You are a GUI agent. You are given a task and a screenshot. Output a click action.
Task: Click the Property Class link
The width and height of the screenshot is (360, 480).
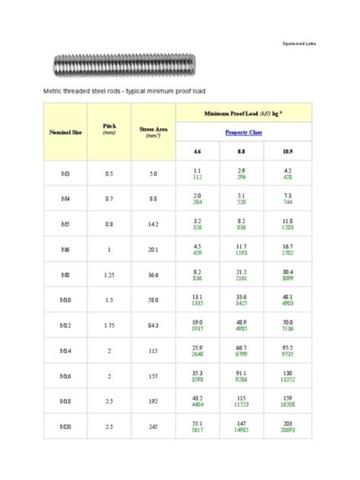click(x=243, y=132)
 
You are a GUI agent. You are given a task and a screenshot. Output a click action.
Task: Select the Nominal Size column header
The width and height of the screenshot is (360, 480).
click(x=65, y=132)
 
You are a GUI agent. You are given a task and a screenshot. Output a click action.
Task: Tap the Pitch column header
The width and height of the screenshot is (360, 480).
click(x=109, y=129)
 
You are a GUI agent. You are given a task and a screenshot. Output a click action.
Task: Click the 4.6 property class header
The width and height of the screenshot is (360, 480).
click(x=197, y=151)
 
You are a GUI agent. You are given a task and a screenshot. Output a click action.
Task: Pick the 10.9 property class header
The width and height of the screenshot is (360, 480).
click(x=287, y=151)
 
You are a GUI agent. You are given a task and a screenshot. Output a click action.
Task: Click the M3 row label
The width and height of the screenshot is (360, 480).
click(x=65, y=173)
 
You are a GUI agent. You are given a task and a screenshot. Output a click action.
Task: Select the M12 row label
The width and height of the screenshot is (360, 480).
click(x=65, y=325)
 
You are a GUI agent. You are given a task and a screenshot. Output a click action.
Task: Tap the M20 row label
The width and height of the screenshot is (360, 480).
click(x=65, y=426)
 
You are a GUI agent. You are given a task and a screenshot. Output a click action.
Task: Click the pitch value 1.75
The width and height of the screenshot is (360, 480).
click(x=109, y=325)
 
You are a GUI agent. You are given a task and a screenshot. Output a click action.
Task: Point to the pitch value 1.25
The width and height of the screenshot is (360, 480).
click(x=109, y=274)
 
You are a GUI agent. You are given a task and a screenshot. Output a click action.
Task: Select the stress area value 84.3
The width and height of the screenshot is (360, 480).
click(x=153, y=325)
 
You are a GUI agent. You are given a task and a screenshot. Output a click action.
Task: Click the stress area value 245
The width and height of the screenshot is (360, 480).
click(x=153, y=426)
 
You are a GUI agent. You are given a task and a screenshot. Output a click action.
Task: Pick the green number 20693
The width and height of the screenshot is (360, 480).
click(x=287, y=430)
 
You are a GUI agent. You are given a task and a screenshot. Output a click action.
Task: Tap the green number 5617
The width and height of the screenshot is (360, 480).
click(x=197, y=430)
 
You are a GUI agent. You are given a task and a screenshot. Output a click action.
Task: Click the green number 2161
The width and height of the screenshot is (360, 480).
click(x=241, y=278)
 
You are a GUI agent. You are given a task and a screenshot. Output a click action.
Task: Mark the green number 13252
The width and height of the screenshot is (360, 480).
click(x=287, y=379)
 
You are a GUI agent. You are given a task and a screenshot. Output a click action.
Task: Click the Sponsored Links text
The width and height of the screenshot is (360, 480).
click(x=299, y=43)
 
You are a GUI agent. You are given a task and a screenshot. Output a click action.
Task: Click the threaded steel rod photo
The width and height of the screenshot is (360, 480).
click(x=124, y=65)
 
